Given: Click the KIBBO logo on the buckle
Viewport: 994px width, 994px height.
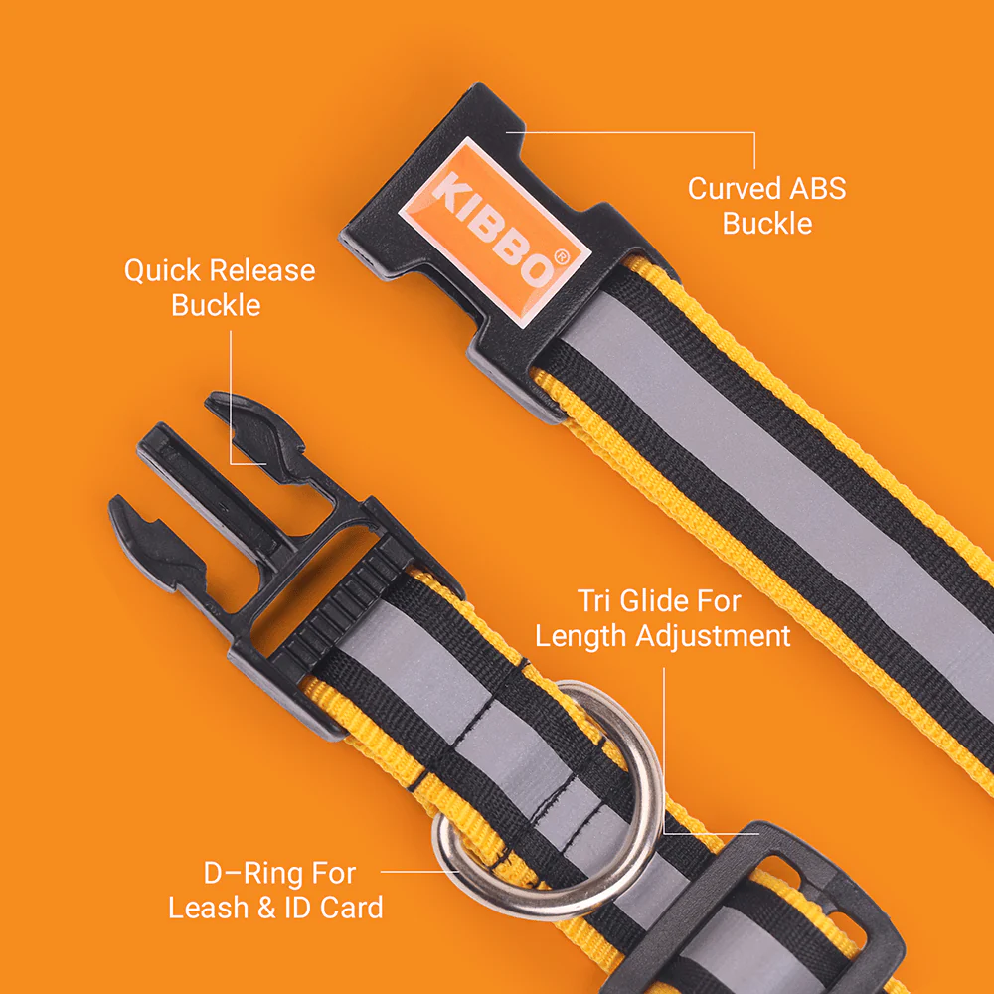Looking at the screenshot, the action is point(494,232).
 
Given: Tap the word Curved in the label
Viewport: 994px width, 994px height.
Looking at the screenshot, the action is point(735,188).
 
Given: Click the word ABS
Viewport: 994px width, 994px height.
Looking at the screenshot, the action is point(818,188).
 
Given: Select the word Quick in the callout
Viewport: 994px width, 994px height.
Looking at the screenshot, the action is point(162,271).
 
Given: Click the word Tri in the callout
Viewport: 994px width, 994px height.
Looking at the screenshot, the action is point(594,601).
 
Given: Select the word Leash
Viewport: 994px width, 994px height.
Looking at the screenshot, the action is point(208,908).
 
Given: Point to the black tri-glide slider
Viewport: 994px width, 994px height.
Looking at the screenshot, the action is point(754,912).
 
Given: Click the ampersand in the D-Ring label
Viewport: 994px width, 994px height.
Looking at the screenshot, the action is point(265,908).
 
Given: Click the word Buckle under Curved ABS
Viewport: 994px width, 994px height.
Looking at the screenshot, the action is point(767,224).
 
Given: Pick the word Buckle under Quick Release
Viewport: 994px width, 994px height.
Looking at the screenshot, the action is point(216,305).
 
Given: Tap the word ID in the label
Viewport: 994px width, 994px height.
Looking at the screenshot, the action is point(298,908).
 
